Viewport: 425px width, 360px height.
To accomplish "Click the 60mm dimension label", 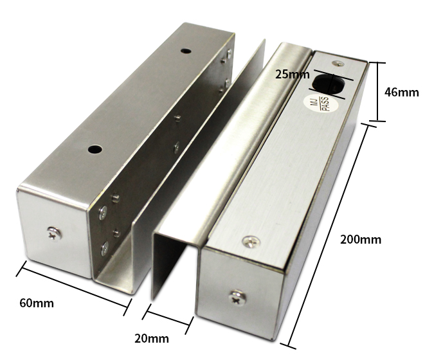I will pos(37,303).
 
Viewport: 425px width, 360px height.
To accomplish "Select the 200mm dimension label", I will pos(361,240).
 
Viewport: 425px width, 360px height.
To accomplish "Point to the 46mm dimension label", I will pos(401,93).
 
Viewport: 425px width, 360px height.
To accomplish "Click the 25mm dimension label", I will pos(292,74).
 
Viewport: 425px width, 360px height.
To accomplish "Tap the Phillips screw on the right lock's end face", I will pos(238,298).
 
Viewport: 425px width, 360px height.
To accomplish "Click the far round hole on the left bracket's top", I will pos(185,50).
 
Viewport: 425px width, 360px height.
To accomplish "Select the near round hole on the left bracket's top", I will pos(95,149).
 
